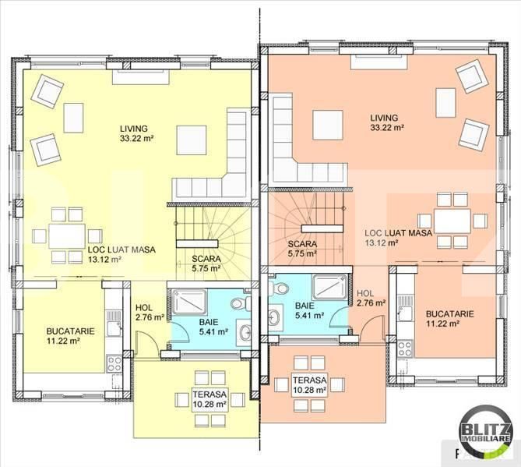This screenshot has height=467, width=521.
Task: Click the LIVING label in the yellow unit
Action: [134, 129]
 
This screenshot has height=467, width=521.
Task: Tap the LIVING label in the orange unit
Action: [384, 118]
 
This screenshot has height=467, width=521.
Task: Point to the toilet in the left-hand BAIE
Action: [241, 303]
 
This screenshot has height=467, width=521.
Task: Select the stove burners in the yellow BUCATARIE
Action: [114, 363]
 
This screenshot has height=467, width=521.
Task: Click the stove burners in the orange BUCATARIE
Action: [405, 349]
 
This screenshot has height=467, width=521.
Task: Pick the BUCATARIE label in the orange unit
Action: [450, 313]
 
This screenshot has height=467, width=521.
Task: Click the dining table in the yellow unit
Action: [67, 235]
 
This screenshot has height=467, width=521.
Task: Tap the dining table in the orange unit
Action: [452, 221]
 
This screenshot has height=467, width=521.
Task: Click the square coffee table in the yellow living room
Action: [192, 140]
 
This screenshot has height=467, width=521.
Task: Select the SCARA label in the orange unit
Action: [302, 244]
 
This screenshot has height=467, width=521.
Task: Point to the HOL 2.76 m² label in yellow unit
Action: [150, 313]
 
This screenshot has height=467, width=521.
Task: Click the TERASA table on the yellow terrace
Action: [210, 399]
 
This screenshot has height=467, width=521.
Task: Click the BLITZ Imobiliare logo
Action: [485, 429]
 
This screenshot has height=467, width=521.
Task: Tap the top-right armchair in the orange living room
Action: [472, 77]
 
